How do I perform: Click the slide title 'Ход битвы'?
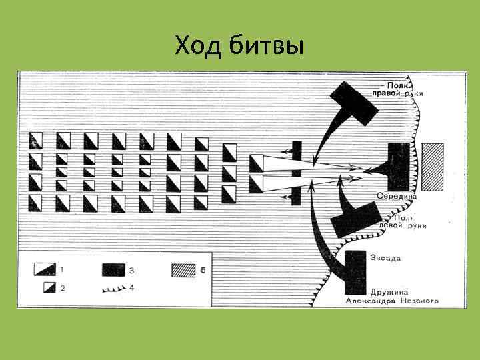click(x=239, y=46)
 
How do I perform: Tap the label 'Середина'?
click(x=397, y=196)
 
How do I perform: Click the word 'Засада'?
click(x=385, y=257)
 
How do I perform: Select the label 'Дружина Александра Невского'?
click(x=392, y=297)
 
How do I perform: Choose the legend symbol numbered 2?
click(x=48, y=287)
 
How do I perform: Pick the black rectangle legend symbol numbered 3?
click(x=113, y=270)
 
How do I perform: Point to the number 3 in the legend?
click(x=131, y=270)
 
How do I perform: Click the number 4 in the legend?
click(x=131, y=287)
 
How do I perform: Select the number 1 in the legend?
click(x=61, y=269)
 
